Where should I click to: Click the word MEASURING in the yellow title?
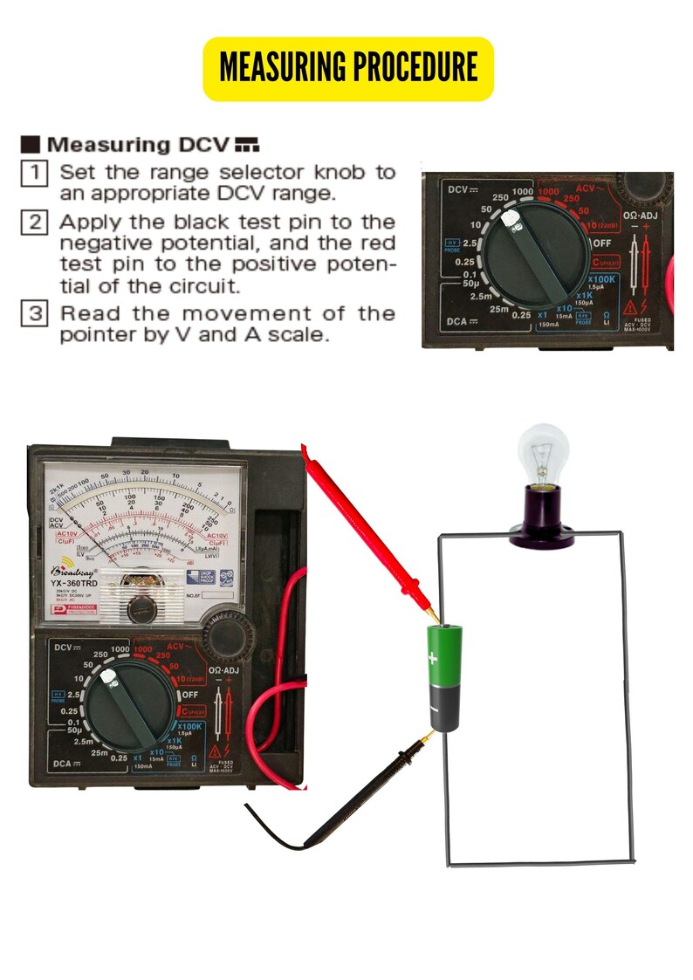click(x=279, y=68)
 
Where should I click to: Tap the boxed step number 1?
click(x=32, y=172)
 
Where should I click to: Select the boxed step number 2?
click(x=32, y=222)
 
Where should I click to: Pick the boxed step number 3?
click(x=32, y=313)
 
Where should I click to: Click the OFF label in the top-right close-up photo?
click(x=604, y=242)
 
